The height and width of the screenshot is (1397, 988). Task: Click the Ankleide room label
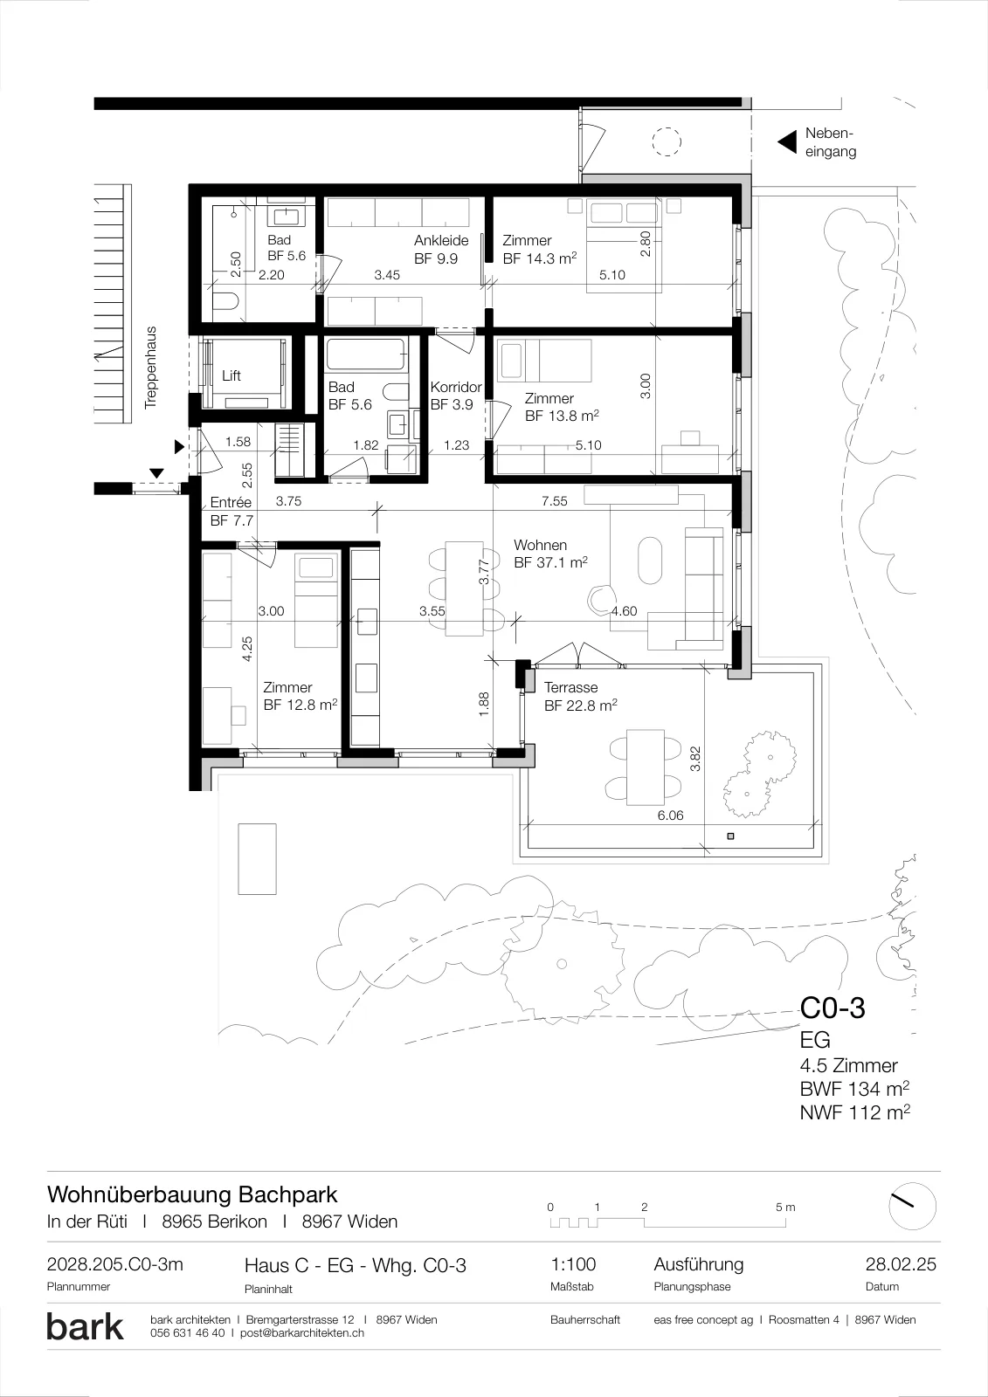pyautogui.click(x=441, y=240)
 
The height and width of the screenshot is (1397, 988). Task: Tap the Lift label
pyautogui.click(x=231, y=375)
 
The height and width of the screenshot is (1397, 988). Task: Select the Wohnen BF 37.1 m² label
pyautogui.click(x=550, y=554)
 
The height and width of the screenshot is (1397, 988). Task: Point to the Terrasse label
pyautogui.click(x=570, y=687)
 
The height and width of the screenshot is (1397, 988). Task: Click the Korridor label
pyautogui.click(x=456, y=387)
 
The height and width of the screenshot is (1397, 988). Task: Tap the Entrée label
pyautogui.click(x=231, y=502)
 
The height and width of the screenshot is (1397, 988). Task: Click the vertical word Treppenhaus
pyautogui.click(x=150, y=368)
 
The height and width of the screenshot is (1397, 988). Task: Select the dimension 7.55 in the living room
pyautogui.click(x=554, y=501)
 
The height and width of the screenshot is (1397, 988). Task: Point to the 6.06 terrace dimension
pyautogui.click(x=670, y=815)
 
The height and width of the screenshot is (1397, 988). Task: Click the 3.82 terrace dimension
pyautogui.click(x=695, y=759)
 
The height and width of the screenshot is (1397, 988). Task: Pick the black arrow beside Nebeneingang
pyautogui.click(x=787, y=142)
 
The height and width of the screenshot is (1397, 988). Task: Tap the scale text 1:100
pyautogui.click(x=573, y=1264)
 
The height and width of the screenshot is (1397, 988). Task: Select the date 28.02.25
pyautogui.click(x=901, y=1264)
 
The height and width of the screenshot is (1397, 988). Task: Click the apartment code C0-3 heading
pyautogui.click(x=833, y=1008)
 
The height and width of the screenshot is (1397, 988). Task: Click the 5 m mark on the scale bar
pyautogui.click(x=785, y=1207)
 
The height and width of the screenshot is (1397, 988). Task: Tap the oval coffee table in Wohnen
pyautogui.click(x=650, y=561)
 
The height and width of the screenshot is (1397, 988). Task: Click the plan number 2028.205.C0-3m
pyautogui.click(x=114, y=1264)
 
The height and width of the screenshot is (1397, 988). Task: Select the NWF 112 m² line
pyautogui.click(x=854, y=1111)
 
